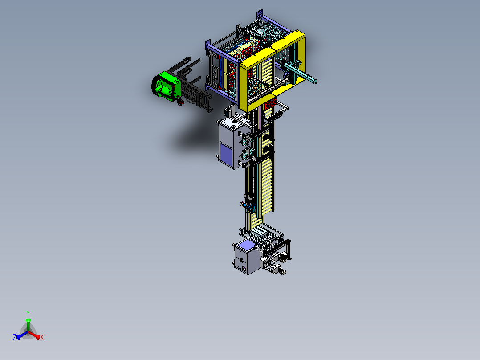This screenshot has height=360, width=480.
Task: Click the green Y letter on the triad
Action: pos(28,313)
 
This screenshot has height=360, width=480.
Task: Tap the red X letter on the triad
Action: pos(42,337)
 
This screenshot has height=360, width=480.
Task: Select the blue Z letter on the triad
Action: pos(14,337)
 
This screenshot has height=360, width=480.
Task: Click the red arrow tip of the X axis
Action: pos(38,337)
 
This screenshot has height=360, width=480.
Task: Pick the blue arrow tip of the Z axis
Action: pos(18,337)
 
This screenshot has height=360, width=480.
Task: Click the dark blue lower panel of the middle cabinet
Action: pos(226,155)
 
